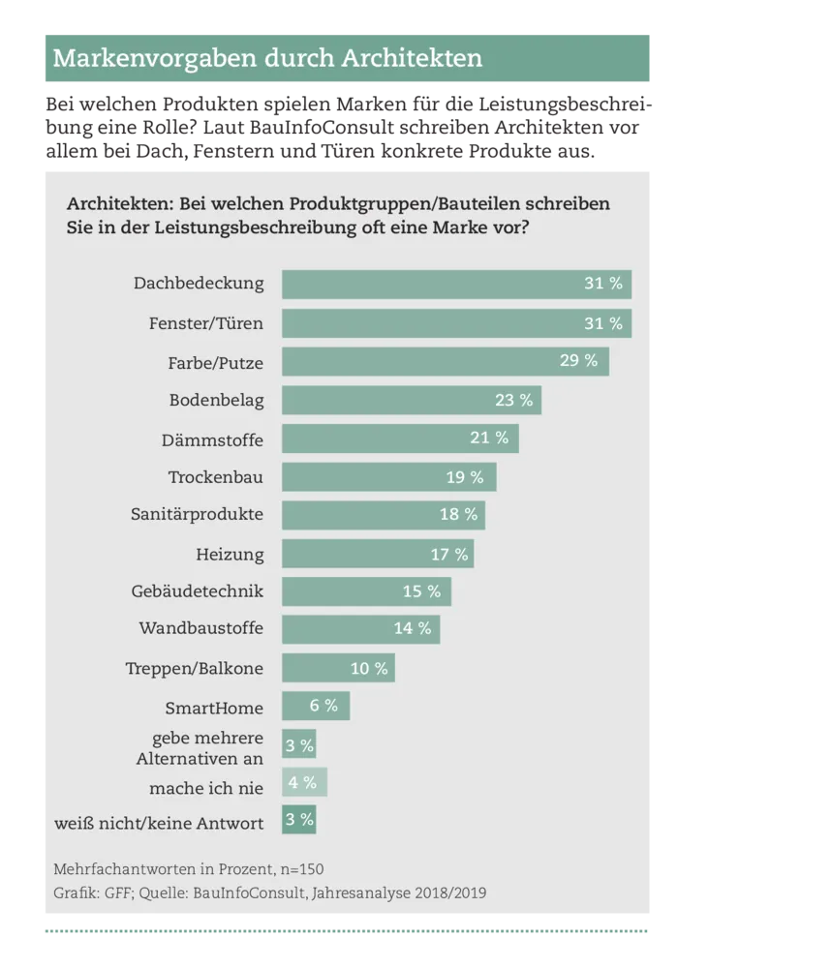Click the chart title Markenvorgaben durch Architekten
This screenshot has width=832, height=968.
tap(267, 58)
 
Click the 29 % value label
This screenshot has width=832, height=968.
tap(578, 361)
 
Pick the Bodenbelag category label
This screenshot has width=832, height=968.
tap(216, 400)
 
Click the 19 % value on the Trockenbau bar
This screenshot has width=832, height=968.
tap(464, 477)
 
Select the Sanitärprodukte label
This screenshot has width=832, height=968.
tap(197, 515)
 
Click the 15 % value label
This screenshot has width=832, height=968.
tap(421, 591)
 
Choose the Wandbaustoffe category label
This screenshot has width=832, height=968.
tap(201, 629)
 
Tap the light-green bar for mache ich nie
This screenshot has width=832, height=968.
tap(304, 782)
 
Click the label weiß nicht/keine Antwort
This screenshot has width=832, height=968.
tap(159, 824)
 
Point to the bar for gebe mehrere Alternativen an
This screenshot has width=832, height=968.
tap(298, 745)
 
